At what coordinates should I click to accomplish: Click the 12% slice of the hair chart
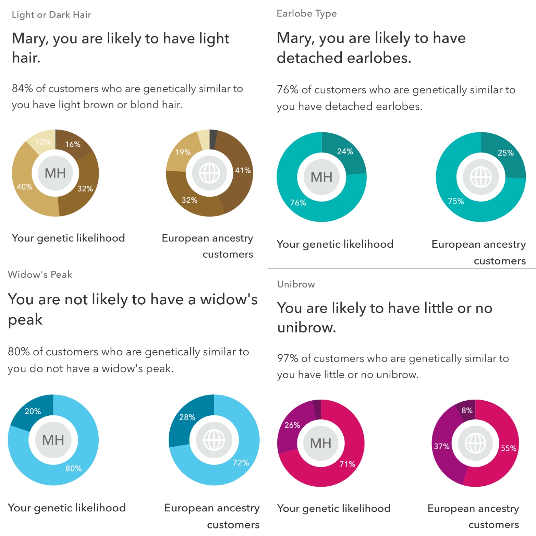pos(43,142)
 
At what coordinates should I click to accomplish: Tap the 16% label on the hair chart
pos(73,144)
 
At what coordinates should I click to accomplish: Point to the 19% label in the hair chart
pos(183,152)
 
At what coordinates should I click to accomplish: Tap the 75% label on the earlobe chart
pos(456,201)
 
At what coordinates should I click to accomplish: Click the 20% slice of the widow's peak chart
pos(33,411)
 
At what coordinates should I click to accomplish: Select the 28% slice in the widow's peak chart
pos(187,417)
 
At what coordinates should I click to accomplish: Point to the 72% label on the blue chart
pos(241,463)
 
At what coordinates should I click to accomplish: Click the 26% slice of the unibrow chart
pos(292,425)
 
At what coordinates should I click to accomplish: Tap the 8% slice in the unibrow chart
pos(467,410)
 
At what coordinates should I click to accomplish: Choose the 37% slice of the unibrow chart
pos(442,447)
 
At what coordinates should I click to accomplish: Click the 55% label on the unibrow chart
pos(509,448)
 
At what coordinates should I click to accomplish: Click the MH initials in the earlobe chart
pos(321,177)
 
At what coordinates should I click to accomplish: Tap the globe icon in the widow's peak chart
pos(214,440)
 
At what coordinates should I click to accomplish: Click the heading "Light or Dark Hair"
pos(51,15)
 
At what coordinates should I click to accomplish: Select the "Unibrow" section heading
pos(296,284)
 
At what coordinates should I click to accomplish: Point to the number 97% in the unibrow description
pos(288,358)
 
